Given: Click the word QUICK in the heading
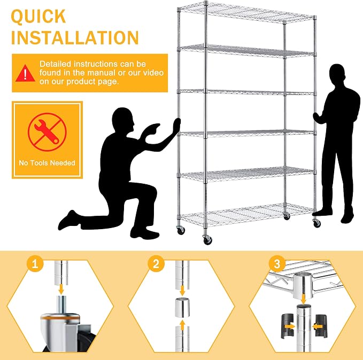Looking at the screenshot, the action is [38, 17].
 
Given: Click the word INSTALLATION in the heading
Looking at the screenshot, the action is [75, 37].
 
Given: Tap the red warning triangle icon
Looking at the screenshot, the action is [25, 74].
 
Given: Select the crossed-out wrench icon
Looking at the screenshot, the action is [47, 132].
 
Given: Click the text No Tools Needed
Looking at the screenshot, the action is [47, 163].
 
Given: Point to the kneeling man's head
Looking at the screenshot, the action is [123, 120].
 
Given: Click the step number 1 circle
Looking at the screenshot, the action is [35, 263].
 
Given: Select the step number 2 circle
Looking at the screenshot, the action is [156, 263].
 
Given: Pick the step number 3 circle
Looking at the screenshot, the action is [277, 263].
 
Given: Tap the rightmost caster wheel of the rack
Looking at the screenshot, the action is [316, 223].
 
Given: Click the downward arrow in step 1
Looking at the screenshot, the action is [61, 289].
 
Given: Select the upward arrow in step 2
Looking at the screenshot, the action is [183, 325].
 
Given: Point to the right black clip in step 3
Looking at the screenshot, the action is [321, 326].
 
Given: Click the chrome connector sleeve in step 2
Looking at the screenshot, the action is [182, 308].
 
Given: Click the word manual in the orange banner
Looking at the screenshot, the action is [102, 73].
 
